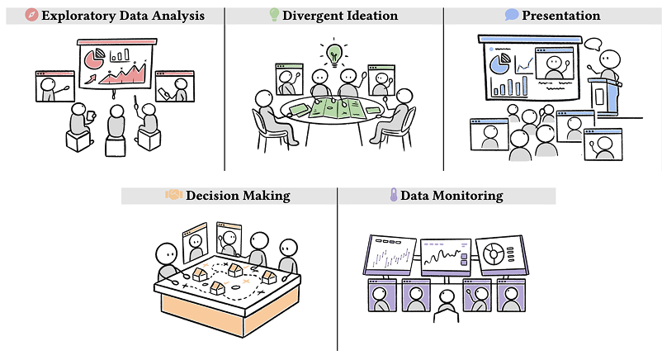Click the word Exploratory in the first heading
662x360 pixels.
(77, 16)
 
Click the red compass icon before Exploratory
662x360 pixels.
(31, 16)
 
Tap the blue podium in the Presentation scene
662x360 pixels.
(607, 97)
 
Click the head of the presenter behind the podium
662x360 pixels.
(609, 59)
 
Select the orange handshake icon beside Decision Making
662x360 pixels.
(173, 196)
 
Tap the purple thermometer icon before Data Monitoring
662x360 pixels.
(394, 196)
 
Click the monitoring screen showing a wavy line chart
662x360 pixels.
(446, 256)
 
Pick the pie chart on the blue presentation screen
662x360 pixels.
(498, 64)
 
